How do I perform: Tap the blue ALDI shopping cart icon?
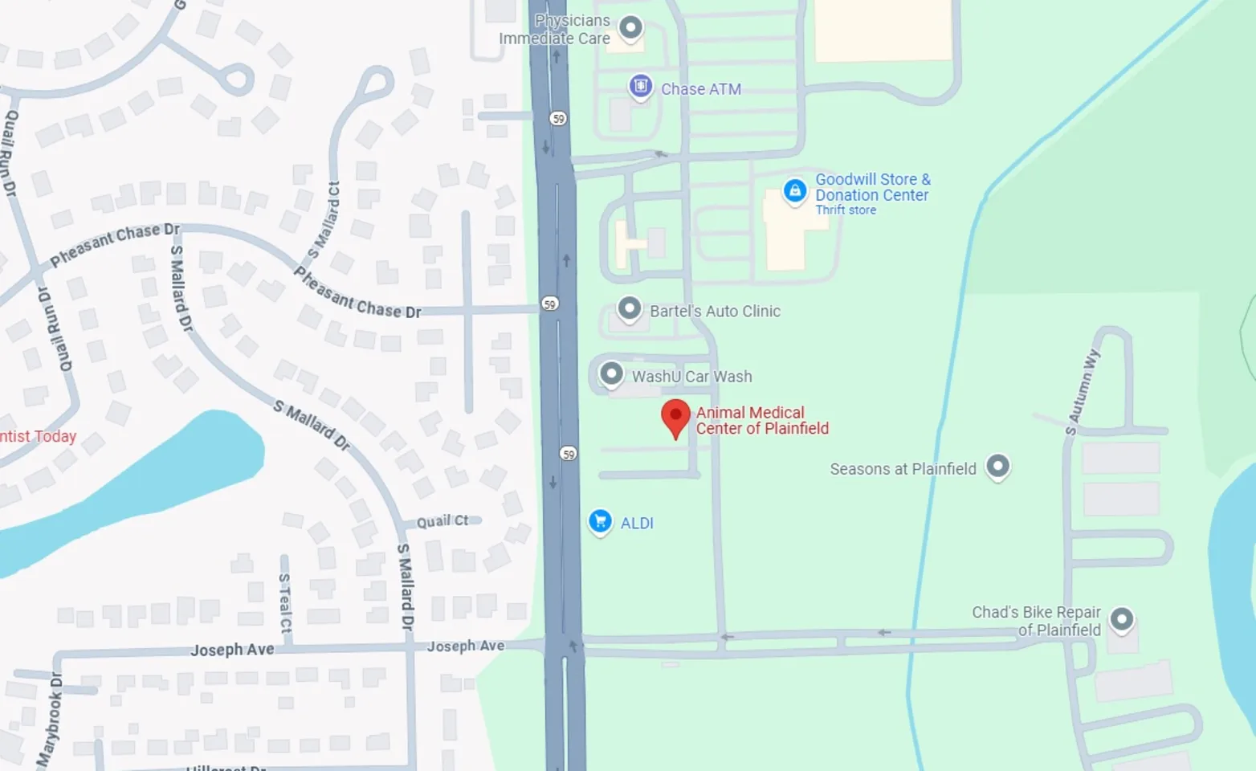[600, 521]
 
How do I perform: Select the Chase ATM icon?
[640, 86]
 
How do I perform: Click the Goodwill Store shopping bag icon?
[795, 191]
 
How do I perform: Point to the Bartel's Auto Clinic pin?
[629, 309]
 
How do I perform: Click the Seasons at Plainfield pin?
[997, 466]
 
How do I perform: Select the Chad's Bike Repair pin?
[1121, 619]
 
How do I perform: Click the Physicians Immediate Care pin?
[630, 27]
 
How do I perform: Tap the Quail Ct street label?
[442, 521]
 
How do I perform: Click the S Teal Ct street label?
[285, 603]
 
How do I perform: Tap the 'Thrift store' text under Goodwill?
[846, 210]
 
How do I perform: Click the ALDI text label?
[637, 523]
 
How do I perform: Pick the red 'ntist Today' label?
[38, 436]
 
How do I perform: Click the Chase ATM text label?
[700, 89]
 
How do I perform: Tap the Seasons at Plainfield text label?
[903, 469]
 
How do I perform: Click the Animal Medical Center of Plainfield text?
[761, 420]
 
